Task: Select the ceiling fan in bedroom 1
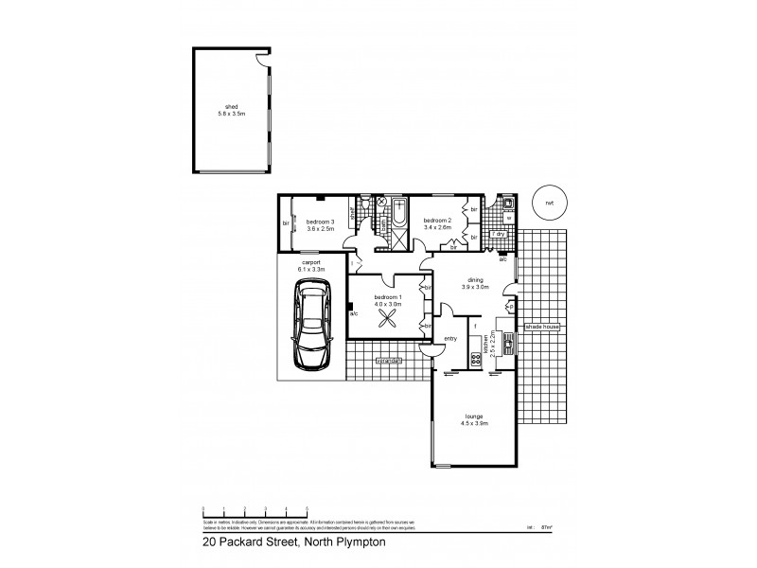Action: tap(388, 320)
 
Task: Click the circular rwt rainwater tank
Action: tap(546, 201)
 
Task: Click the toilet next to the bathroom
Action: tap(382, 203)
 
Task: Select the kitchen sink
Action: tap(506, 341)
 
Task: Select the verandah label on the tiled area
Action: tap(388, 361)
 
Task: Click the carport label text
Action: tap(310, 262)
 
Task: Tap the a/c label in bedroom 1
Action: tap(354, 313)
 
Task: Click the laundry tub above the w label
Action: tap(508, 203)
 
